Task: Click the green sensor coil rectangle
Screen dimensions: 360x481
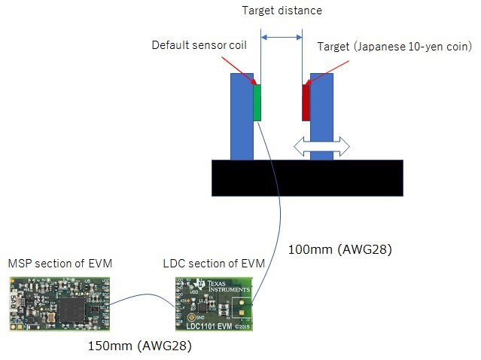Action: click(257, 103)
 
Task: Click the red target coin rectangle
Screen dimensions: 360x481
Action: click(306, 103)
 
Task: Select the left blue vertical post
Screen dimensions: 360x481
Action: click(242, 117)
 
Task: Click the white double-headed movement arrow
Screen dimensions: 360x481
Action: click(321, 147)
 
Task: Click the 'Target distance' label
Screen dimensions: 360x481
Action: click(282, 11)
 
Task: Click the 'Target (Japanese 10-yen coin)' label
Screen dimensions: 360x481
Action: click(394, 47)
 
